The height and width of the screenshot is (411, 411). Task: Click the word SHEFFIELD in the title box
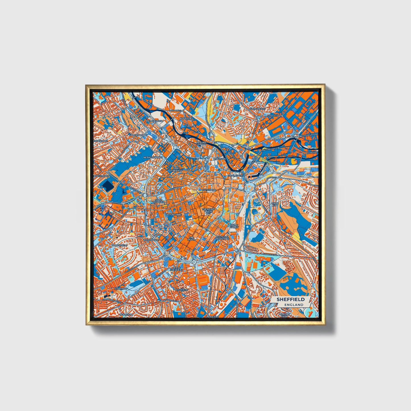tap(290, 299)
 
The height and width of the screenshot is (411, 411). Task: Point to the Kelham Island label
tap(201, 143)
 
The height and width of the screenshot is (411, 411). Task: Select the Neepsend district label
tap(186, 118)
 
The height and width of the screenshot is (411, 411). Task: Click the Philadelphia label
tap(154, 121)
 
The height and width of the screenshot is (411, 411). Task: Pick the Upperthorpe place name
tap(138, 135)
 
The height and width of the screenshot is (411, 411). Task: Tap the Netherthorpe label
tap(153, 157)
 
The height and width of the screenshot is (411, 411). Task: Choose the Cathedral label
tap(210, 189)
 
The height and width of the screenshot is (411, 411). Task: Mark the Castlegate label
tap(235, 176)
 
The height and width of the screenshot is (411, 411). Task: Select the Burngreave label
tap(257, 109)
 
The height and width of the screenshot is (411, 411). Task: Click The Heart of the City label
tap(207, 210)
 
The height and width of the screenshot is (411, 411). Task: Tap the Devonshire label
tap(173, 214)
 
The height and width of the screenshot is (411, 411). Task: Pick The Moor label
tap(191, 238)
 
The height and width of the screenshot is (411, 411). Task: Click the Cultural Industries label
tap(223, 237)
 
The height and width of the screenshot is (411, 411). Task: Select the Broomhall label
tap(151, 240)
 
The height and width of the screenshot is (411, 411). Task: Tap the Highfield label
tap(182, 290)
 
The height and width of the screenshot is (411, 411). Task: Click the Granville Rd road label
tap(270, 255)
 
